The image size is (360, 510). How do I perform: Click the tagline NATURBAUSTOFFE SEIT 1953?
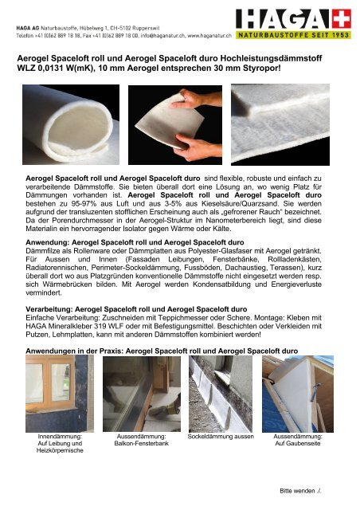click(x=302, y=35)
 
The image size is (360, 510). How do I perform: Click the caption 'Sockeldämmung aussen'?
click(x=219, y=437)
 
